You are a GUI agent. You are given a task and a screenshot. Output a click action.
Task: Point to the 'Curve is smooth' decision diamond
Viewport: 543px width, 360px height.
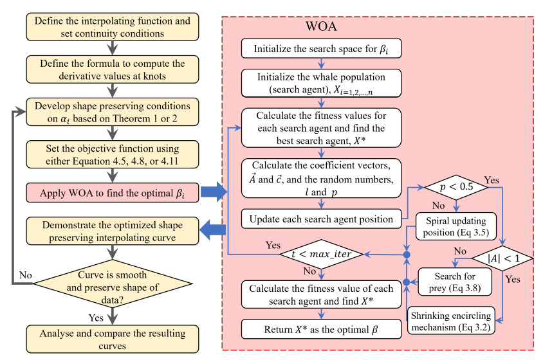tap(113, 282)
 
